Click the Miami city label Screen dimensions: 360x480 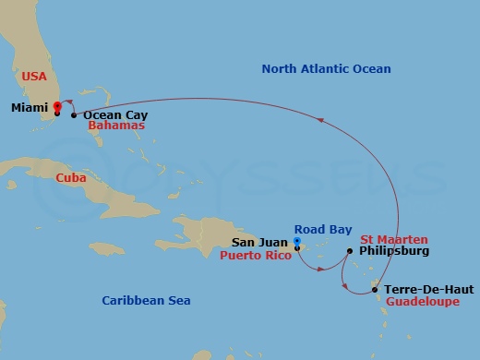click(30, 108)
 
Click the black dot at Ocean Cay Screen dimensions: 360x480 click(74, 115)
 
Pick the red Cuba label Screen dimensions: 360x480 click(71, 177)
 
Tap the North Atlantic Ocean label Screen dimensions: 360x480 click(326, 69)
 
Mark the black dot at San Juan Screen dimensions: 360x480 click(296, 247)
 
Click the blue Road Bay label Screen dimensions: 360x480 click(320, 229)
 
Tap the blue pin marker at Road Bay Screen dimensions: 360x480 click(296, 243)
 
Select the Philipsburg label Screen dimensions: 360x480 click(392, 250)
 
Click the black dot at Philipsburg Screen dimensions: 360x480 click(349, 251)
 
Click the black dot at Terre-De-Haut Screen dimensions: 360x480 click(375, 290)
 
